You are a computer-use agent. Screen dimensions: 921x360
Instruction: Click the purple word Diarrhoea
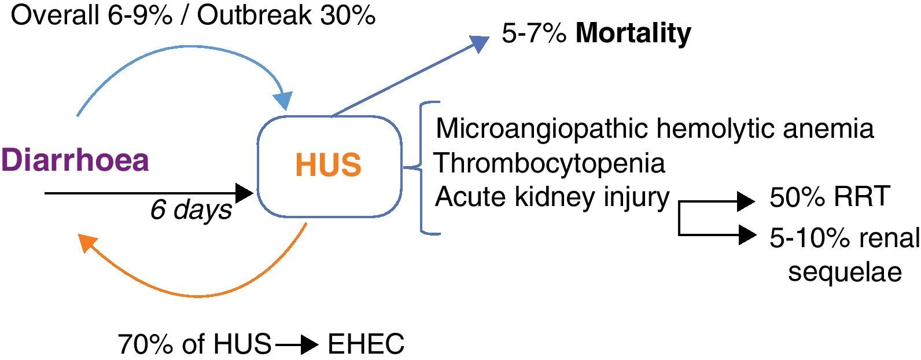(x=75, y=160)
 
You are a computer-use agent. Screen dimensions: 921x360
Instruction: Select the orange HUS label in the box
(x=328, y=164)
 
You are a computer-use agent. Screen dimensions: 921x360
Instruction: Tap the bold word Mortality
(x=633, y=33)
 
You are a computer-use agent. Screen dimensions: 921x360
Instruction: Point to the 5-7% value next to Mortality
(x=533, y=33)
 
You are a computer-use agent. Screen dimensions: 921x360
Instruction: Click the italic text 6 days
(x=191, y=210)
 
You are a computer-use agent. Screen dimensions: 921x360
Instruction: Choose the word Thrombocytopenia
(x=550, y=163)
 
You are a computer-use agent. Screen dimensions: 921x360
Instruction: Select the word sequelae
(x=845, y=271)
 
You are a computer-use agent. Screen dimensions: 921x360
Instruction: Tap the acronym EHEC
(x=366, y=345)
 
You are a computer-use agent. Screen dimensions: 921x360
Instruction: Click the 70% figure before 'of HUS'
(x=142, y=345)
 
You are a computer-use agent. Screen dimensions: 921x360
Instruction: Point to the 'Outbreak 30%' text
(x=287, y=16)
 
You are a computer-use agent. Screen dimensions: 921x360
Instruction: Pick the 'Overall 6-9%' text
(x=93, y=16)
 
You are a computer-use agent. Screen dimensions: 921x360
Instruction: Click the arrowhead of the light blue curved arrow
(x=283, y=101)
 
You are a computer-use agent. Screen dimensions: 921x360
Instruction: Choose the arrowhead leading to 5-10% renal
(x=747, y=235)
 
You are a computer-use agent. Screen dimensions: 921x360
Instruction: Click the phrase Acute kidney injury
(x=552, y=197)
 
